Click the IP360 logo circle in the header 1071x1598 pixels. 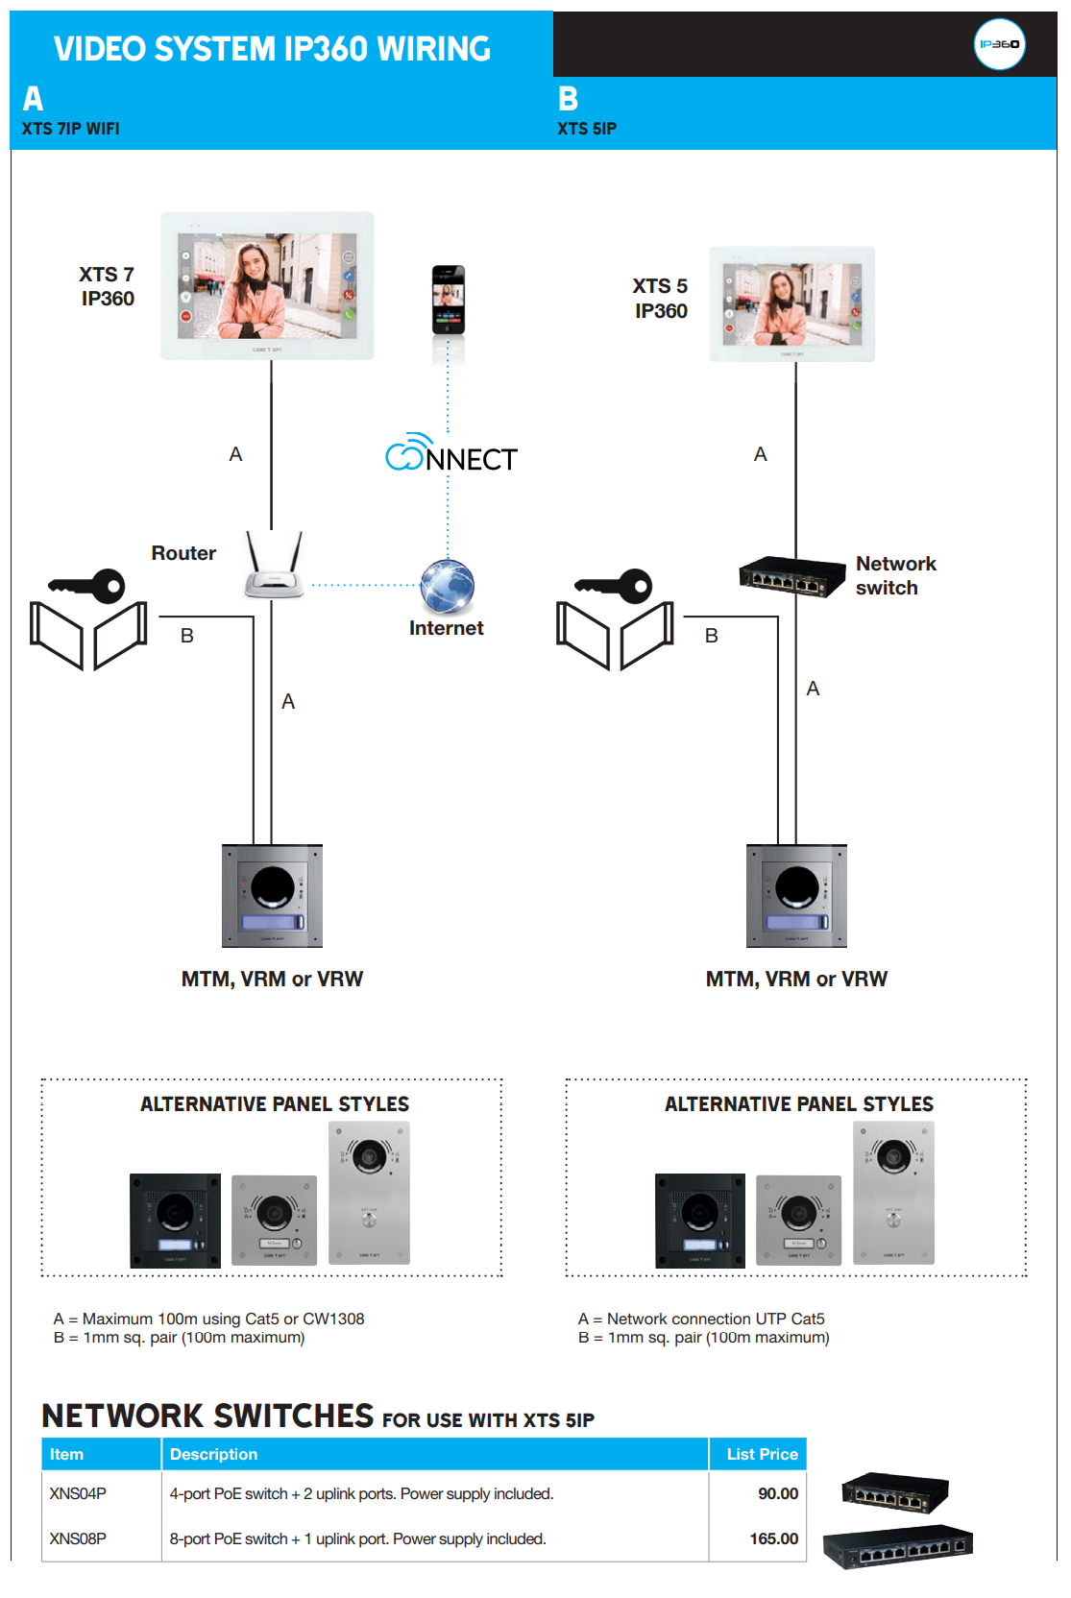[x=999, y=44]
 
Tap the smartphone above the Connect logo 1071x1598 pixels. [x=448, y=300]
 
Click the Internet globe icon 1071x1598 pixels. [x=448, y=586]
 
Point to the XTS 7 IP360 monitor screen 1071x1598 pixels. [x=267, y=286]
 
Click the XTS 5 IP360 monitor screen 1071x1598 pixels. [x=792, y=304]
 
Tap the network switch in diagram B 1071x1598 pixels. [x=784, y=576]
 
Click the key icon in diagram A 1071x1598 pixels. [x=88, y=585]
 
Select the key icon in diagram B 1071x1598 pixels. [x=615, y=585]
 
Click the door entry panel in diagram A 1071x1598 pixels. [x=273, y=896]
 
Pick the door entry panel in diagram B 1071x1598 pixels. [x=797, y=896]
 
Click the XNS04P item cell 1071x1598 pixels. [x=79, y=1493]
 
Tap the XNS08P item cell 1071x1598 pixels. [x=79, y=1538]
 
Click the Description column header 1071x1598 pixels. [x=214, y=1454]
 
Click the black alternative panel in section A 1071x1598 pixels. [x=175, y=1220]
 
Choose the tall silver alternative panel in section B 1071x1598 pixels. [x=893, y=1193]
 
